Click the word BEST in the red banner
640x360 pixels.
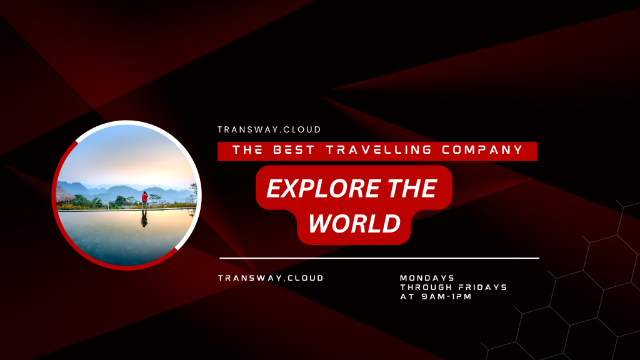[294, 150]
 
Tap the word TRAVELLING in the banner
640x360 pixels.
[379, 150]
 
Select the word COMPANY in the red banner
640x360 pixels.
[482, 150]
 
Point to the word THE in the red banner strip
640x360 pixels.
[247, 150]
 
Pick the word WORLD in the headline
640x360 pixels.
[354, 223]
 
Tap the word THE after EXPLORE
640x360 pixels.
[412, 188]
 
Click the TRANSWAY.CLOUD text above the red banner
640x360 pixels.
[269, 130]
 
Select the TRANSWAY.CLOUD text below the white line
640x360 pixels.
[271, 278]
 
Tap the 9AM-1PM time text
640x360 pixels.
[446, 297]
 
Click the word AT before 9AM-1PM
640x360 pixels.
[407, 297]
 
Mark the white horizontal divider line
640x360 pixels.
[379, 258]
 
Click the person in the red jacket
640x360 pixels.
[144, 200]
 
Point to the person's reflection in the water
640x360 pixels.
[144, 219]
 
